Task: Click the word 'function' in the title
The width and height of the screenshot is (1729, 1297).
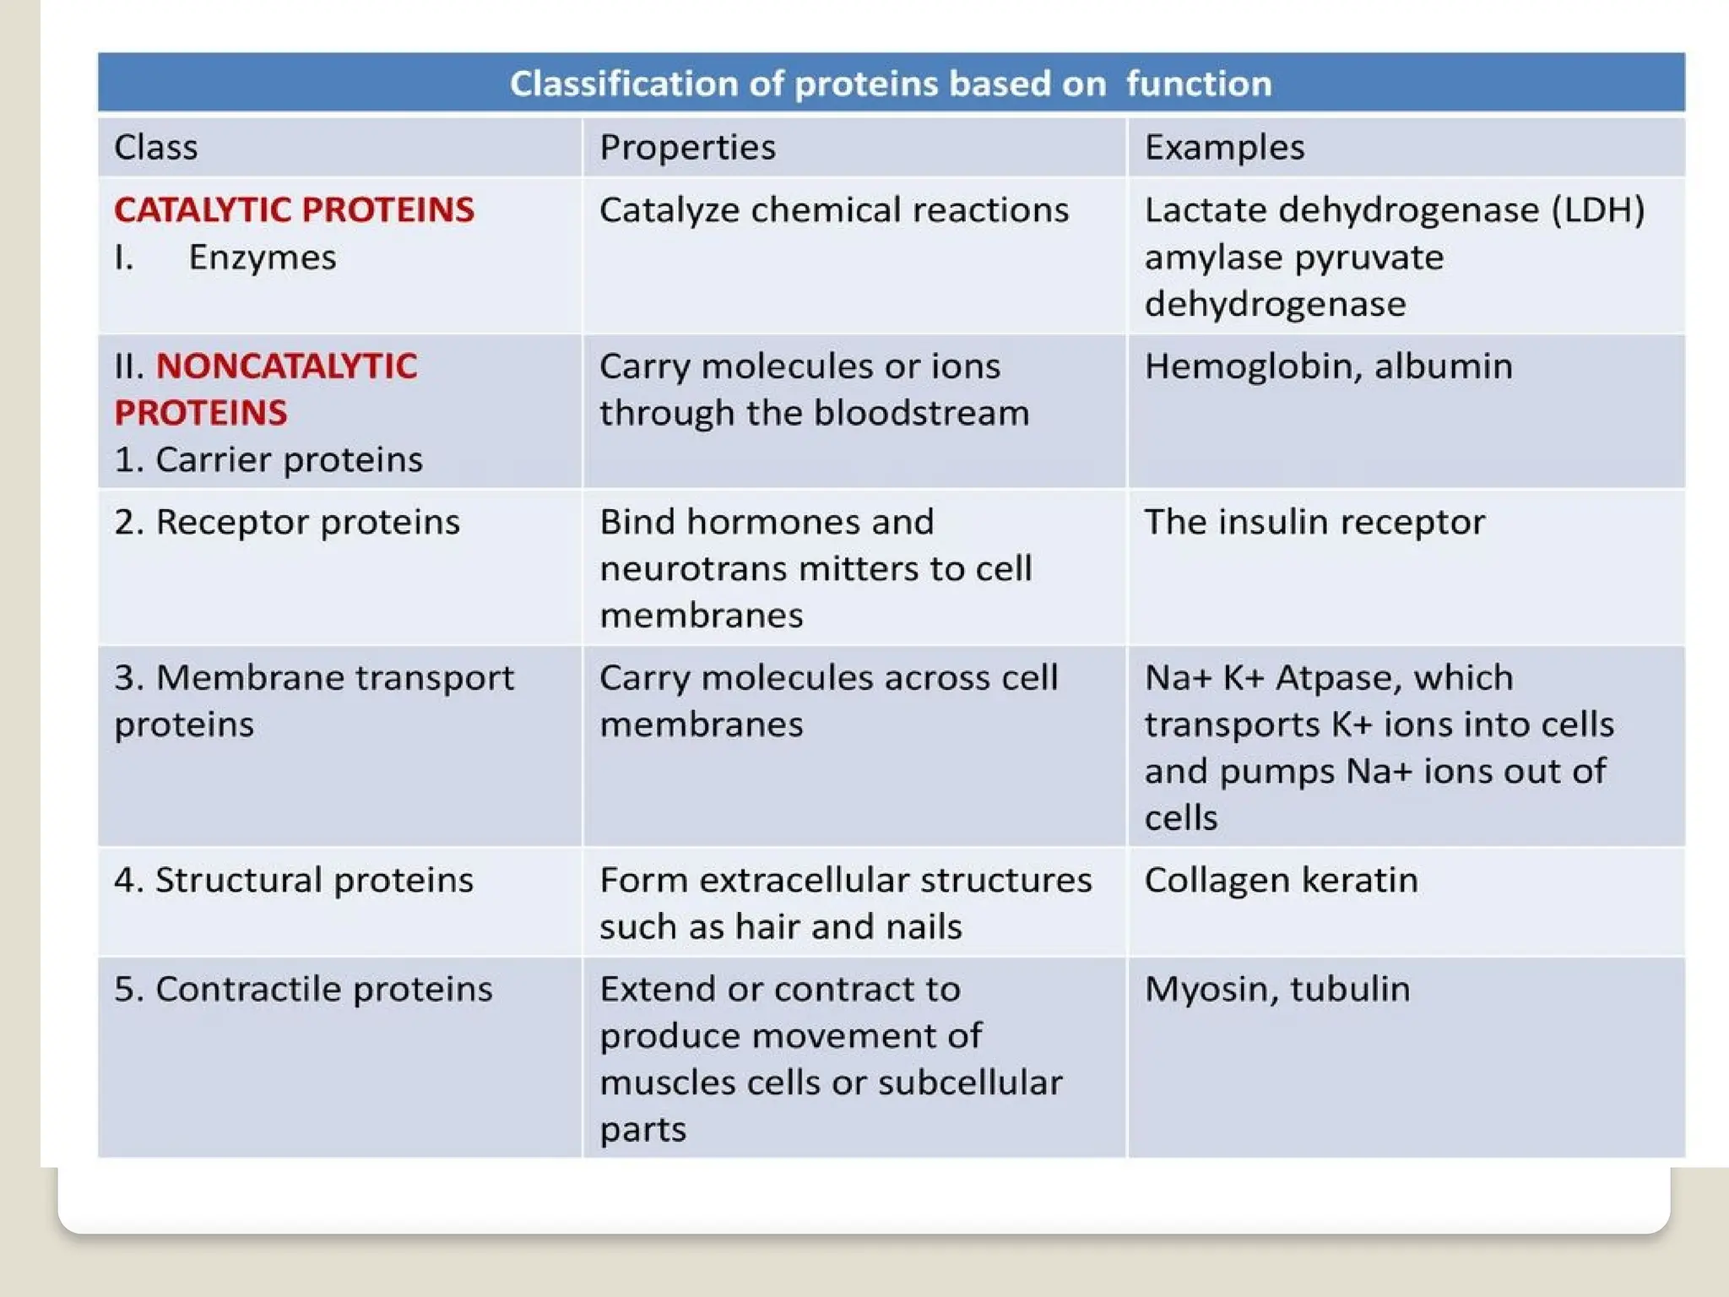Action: coord(1198,84)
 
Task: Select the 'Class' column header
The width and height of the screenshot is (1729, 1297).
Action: coord(156,147)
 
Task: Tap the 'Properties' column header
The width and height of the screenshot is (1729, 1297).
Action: coord(687,147)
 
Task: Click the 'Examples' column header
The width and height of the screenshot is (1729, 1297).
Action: coord(1224,147)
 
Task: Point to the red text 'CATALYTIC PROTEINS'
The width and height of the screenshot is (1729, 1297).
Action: coord(294,209)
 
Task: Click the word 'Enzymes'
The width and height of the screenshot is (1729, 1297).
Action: coord(262,257)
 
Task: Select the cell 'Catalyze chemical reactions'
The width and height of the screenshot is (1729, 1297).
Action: coord(833,209)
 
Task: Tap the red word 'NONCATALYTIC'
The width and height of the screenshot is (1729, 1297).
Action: coord(286,366)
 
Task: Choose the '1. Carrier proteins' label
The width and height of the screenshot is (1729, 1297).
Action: coord(268,459)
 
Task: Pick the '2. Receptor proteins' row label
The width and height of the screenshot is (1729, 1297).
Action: coord(287,522)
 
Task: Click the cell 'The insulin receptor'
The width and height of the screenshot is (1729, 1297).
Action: coord(1314,522)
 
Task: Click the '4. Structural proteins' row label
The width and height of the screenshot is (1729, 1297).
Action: coord(294,880)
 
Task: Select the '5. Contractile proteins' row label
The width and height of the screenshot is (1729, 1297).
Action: coord(303,989)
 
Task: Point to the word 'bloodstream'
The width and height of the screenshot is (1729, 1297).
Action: coord(921,413)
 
